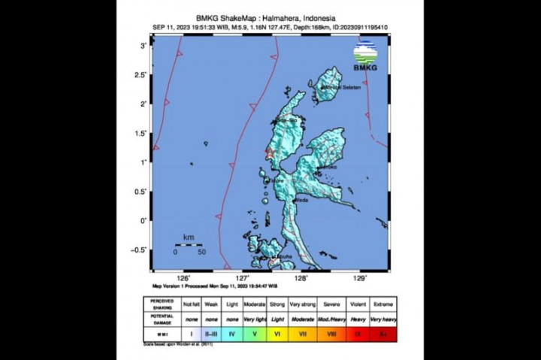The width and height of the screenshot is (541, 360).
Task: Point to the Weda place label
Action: pos(303,200)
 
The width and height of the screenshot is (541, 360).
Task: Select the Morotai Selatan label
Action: pos(342,88)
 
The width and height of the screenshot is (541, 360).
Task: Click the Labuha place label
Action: pos(283,257)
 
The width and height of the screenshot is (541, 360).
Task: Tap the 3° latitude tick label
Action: pos(143,46)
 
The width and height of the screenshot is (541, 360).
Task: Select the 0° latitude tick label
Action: pos(143,220)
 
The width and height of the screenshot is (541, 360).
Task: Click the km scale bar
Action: pos(189,244)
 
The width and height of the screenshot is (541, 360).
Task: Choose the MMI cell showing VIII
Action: pos(331,331)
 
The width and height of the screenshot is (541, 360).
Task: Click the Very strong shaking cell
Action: pos(305,305)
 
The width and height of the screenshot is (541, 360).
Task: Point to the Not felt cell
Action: pos(190,305)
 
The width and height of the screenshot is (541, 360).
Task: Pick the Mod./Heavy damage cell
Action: pos(331,318)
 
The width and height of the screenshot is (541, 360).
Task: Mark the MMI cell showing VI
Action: pos(279,331)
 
